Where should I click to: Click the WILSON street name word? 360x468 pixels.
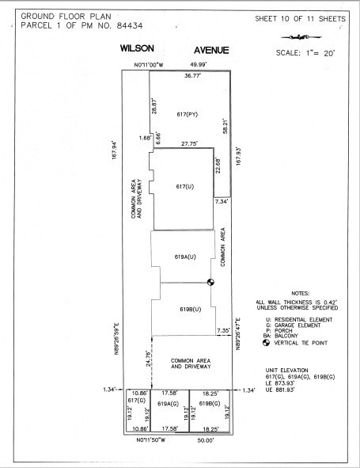(x=136, y=49)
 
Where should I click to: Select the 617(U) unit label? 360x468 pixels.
(x=184, y=186)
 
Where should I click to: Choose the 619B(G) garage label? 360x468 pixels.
(x=210, y=404)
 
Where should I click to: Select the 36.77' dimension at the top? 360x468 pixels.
(x=192, y=76)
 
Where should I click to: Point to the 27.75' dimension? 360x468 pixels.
(x=188, y=144)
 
